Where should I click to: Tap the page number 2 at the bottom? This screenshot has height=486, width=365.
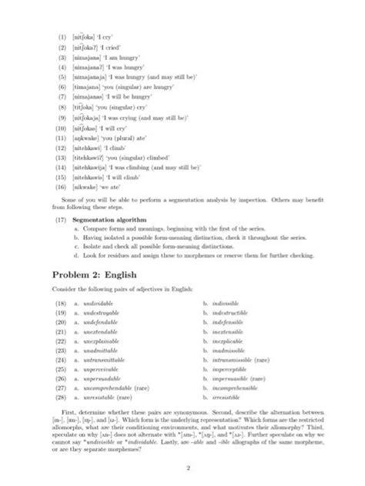[182, 466]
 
